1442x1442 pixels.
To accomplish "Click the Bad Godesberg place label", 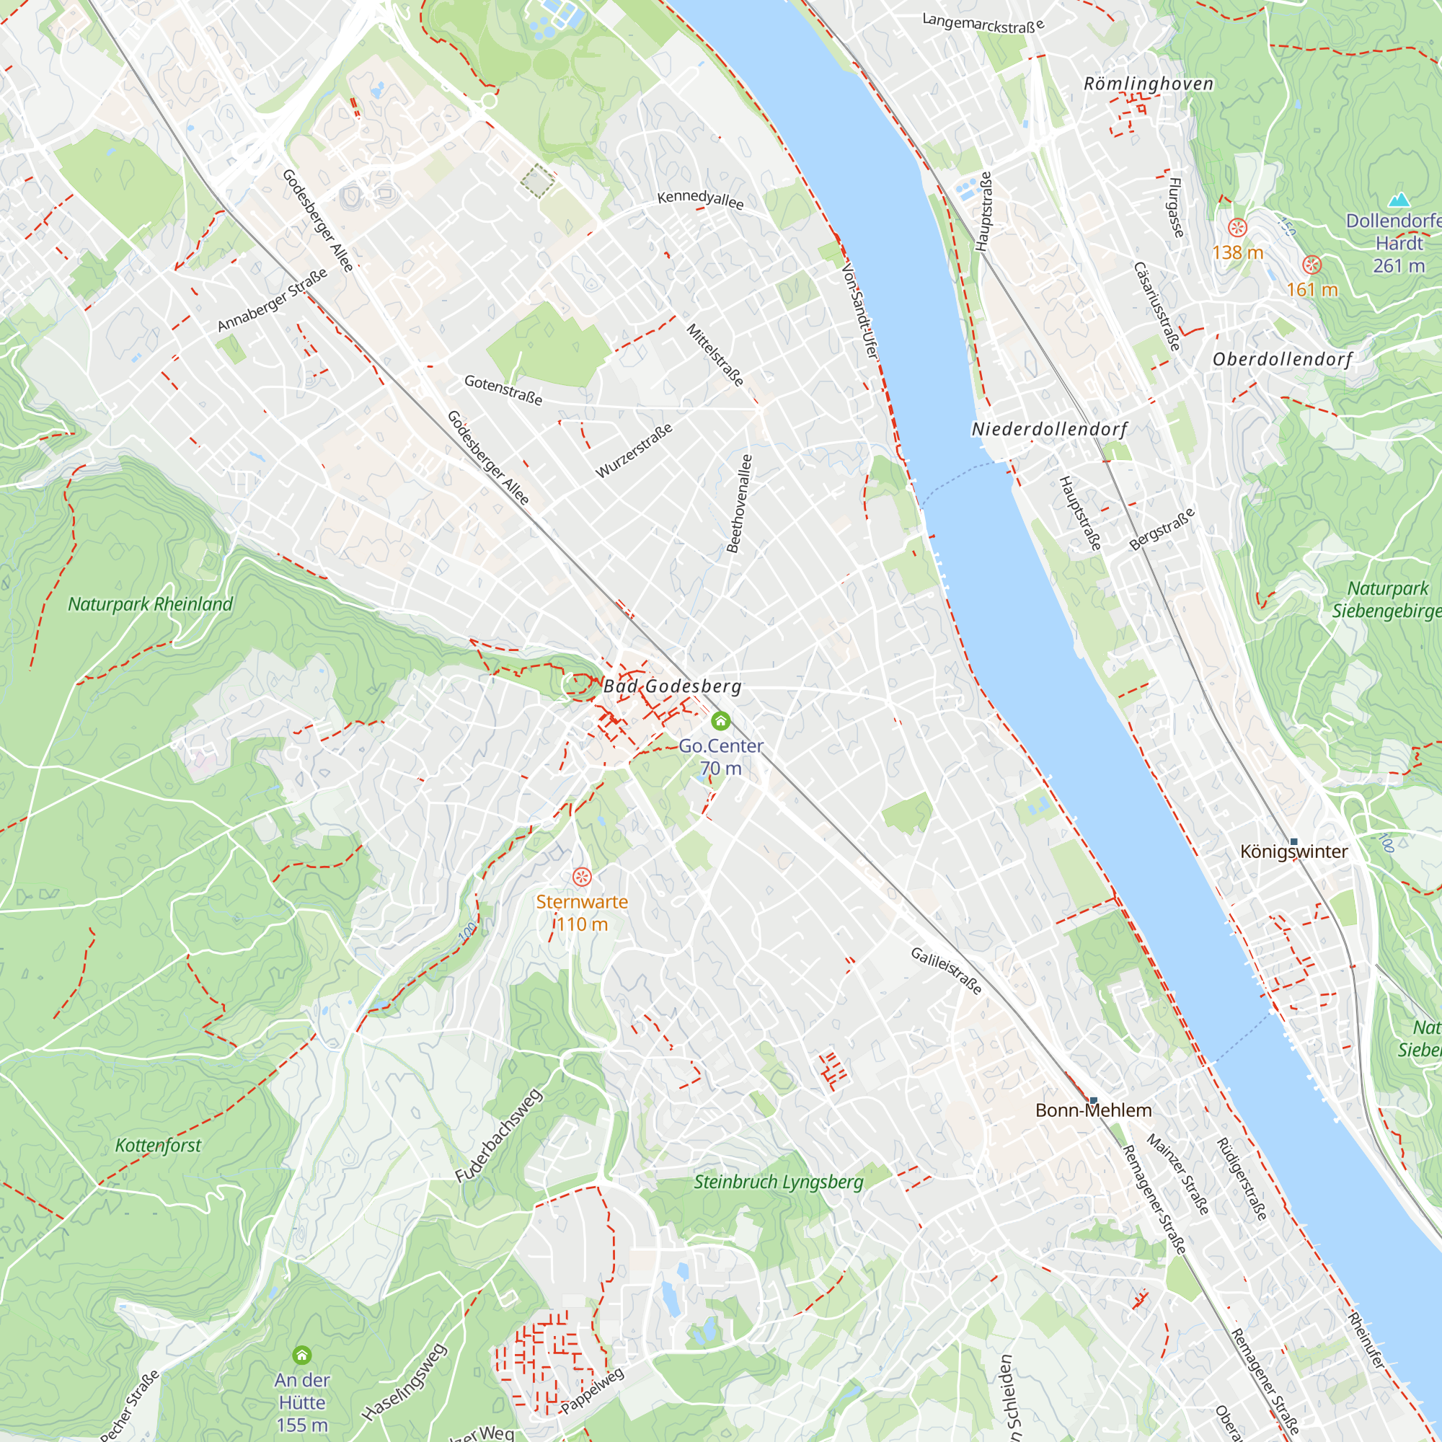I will (672, 686).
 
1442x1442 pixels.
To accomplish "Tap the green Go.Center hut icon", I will (720, 720).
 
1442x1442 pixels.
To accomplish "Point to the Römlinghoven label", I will (1148, 84).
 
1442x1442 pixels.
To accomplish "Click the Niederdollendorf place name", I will (1048, 429).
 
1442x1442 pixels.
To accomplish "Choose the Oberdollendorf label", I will (1281, 359).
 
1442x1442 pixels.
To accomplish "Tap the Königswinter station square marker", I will (1293, 842).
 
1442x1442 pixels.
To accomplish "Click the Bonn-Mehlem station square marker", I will (1094, 1100).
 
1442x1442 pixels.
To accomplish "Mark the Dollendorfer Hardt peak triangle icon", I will (1399, 200).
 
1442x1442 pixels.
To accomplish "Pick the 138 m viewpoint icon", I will (1237, 228).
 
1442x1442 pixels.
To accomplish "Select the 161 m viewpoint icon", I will (1311, 264).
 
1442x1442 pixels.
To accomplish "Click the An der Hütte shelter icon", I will (301, 1355).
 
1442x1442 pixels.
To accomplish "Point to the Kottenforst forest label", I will (158, 1145).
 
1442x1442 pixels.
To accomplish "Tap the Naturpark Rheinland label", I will (150, 603).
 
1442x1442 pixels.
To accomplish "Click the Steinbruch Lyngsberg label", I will (778, 1182).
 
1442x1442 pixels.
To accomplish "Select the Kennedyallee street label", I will (700, 199).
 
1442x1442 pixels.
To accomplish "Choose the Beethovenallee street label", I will (740, 503).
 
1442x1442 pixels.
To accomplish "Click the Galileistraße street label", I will (946, 970).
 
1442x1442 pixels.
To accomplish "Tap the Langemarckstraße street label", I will (982, 24).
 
